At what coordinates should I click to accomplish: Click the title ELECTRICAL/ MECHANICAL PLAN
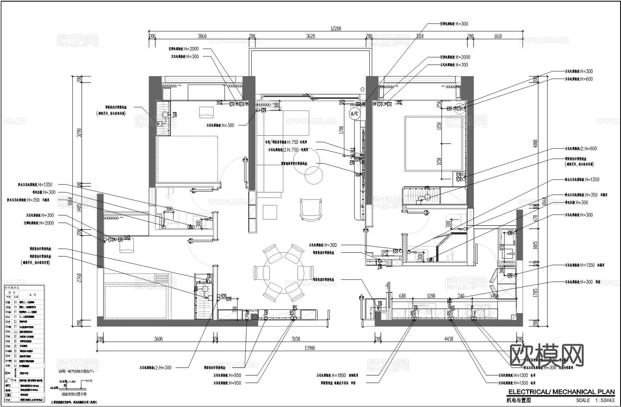pyautogui.click(x=561, y=392)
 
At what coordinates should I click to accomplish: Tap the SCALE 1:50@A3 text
pyautogui.click(x=595, y=400)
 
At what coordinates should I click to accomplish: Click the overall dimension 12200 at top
pyautogui.click(x=336, y=29)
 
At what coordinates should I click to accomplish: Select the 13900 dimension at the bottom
pyautogui.click(x=309, y=348)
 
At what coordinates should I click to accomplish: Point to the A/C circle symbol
pyautogui.click(x=354, y=113)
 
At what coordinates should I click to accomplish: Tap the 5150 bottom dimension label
pyautogui.click(x=296, y=339)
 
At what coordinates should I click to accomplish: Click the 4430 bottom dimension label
pyautogui.click(x=448, y=339)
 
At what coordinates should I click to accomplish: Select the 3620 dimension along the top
pyautogui.click(x=310, y=36)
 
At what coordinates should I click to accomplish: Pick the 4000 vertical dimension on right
pyautogui.click(x=535, y=143)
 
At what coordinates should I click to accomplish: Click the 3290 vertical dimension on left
pyautogui.click(x=79, y=133)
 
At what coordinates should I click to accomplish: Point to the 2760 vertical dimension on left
pyautogui.click(x=79, y=278)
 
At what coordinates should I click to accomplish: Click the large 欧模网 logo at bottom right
pyautogui.click(x=546, y=355)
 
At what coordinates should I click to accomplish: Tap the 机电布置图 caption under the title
pyautogui.click(x=518, y=400)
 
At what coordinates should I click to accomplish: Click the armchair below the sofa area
pyautogui.click(x=311, y=209)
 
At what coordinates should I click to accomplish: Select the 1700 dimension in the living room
pyautogui.click(x=341, y=130)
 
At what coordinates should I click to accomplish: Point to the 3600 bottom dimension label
pyautogui.click(x=158, y=339)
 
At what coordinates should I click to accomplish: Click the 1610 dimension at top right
pyautogui.click(x=498, y=36)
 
